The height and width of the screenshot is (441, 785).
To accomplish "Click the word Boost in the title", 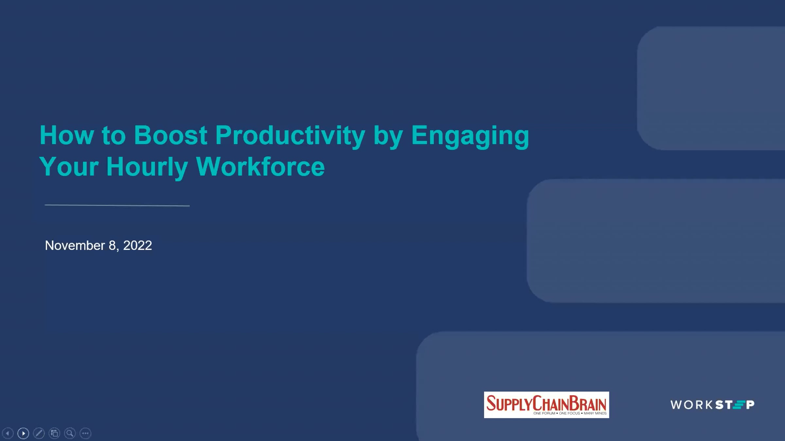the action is pyautogui.click(x=170, y=135).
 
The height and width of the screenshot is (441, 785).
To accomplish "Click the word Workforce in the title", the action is pyautogui.click(x=260, y=166).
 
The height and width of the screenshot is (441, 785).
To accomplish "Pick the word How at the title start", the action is pyautogui.click(x=67, y=135).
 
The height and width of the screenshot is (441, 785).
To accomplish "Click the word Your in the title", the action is pyautogui.click(x=69, y=167).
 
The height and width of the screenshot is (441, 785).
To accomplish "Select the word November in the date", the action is pyautogui.click(x=75, y=245).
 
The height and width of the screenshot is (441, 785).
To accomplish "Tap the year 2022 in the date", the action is pyautogui.click(x=137, y=245).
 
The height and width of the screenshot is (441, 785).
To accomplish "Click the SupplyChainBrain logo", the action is pyautogui.click(x=546, y=405).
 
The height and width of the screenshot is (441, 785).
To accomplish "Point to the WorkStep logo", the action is pyautogui.click(x=712, y=405).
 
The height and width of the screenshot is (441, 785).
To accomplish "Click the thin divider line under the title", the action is pyautogui.click(x=117, y=205).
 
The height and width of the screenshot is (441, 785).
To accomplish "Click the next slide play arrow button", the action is pyautogui.click(x=23, y=433).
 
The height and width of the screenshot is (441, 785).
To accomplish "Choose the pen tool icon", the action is pyautogui.click(x=39, y=433).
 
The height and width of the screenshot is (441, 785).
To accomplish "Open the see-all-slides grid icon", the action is pyautogui.click(x=54, y=433).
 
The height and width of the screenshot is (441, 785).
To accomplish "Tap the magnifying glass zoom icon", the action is pyautogui.click(x=70, y=433).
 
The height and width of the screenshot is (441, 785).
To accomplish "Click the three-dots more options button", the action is pyautogui.click(x=85, y=433).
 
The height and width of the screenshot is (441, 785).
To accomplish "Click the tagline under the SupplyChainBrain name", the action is pyautogui.click(x=570, y=413).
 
